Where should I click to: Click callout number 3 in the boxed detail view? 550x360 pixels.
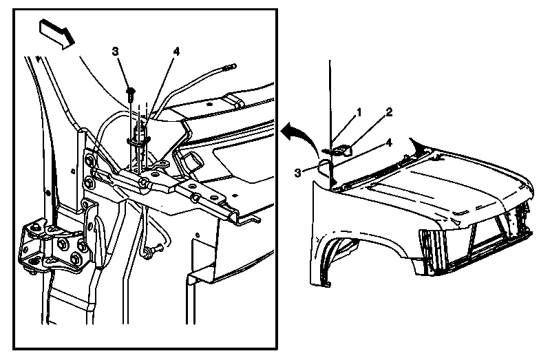tap(115, 51)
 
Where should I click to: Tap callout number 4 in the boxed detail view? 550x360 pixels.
tap(176, 52)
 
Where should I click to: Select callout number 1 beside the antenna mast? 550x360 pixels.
tap(359, 113)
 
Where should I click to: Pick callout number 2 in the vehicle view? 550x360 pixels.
tap(389, 113)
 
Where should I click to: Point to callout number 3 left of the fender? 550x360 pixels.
tap(298, 173)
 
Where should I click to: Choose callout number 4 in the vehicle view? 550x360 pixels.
tap(389, 142)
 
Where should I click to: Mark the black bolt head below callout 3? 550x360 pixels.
tap(130, 93)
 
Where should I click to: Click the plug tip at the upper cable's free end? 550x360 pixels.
tap(231, 66)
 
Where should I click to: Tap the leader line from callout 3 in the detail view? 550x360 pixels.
tap(123, 72)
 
